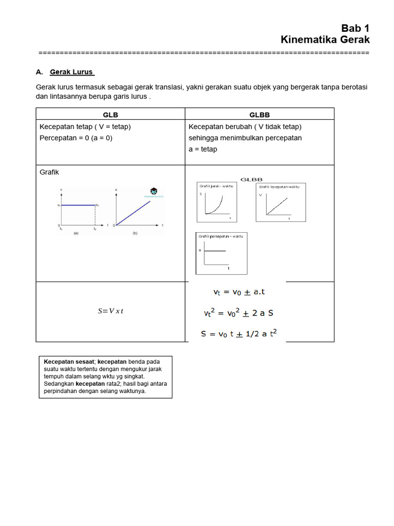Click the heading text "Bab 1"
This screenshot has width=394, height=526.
(355, 28)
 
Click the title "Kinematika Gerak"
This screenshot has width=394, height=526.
(325, 40)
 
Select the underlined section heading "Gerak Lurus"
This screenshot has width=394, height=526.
(71, 71)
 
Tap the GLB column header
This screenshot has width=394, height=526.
(110, 115)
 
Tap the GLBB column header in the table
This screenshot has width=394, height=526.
(259, 115)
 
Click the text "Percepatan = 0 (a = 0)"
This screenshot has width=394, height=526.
(76, 138)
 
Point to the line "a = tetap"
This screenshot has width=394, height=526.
(203, 149)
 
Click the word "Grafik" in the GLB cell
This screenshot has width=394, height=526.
(49, 172)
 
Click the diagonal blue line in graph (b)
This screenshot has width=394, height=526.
(133, 213)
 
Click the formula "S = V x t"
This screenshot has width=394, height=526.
(110, 311)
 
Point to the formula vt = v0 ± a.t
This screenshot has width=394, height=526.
(239, 292)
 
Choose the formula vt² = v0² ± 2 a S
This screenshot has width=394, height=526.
(239, 312)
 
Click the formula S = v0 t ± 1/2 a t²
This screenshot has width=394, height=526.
(239, 333)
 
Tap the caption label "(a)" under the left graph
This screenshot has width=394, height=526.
(76, 233)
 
